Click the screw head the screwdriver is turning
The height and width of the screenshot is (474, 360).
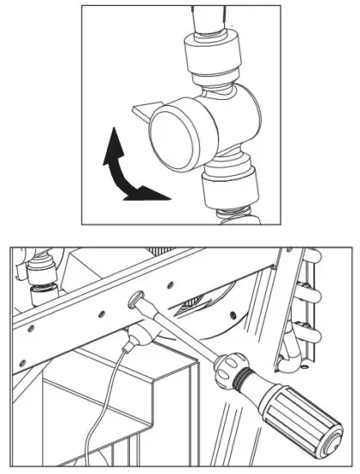coord(139,302)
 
